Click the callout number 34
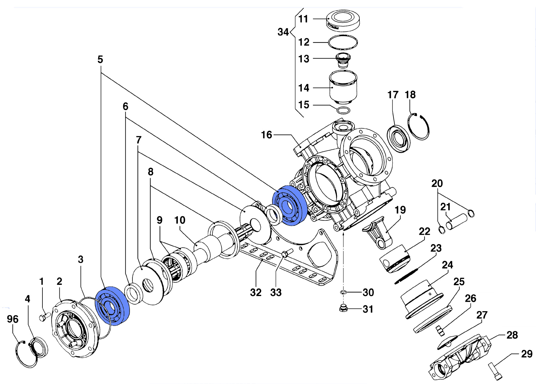283,32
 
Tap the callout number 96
13,319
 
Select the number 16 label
267,135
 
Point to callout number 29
527,354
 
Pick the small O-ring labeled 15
344,110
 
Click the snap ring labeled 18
419,126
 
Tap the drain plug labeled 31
343,308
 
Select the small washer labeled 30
343,292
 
